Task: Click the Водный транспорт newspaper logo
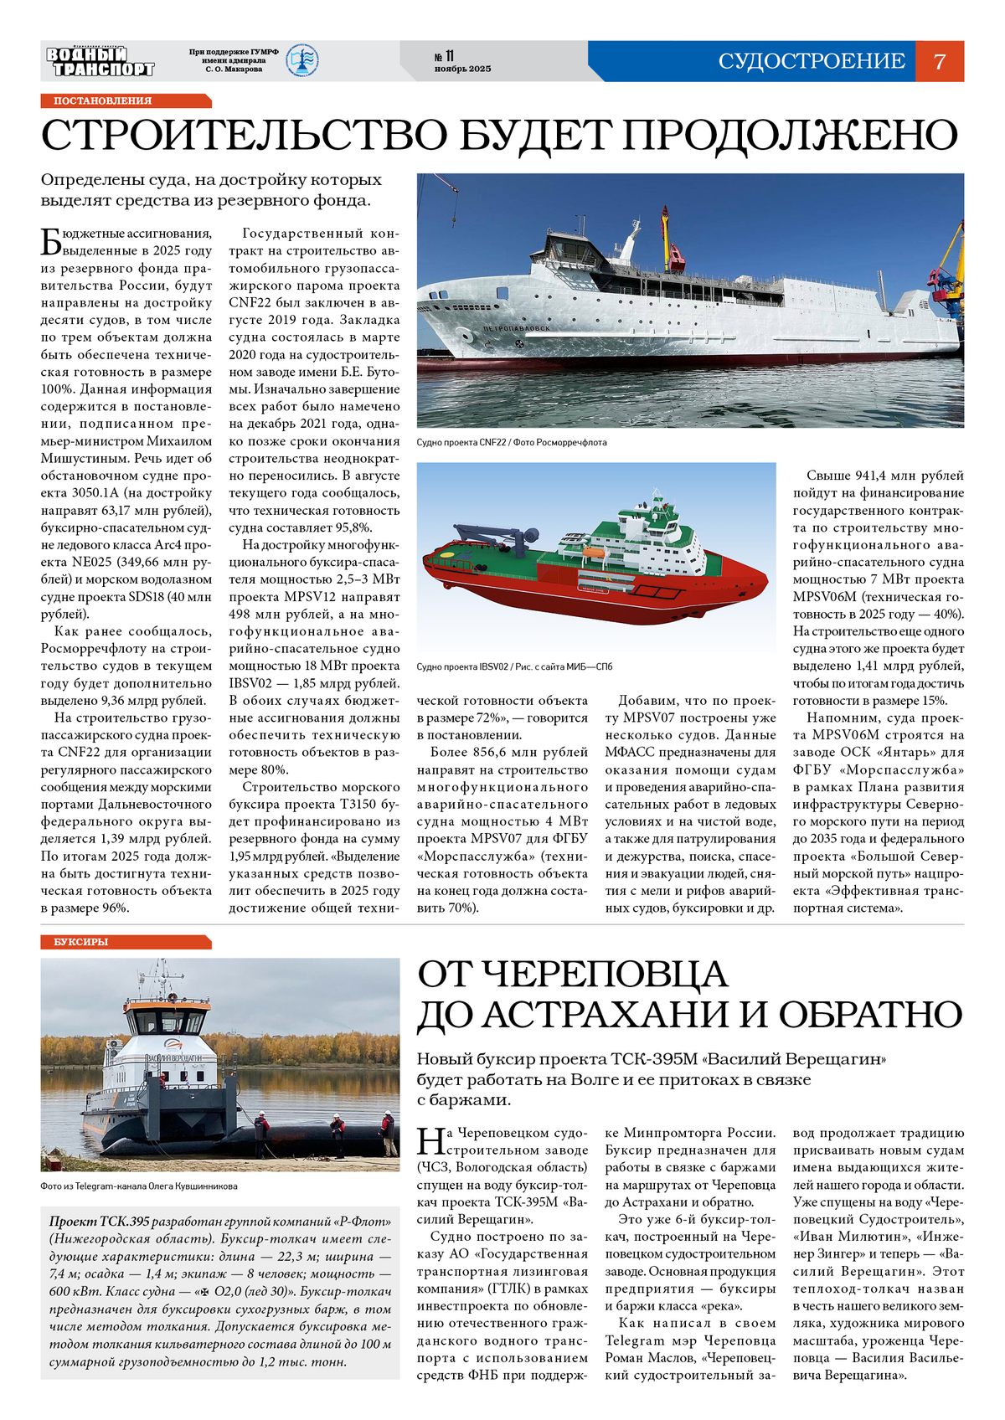pos(100,62)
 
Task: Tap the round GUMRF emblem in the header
pos(301,61)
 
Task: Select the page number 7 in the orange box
pos(939,61)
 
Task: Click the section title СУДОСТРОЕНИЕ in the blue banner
pos(811,61)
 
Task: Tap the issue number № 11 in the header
pos(444,56)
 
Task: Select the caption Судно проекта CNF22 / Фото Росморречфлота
pos(511,442)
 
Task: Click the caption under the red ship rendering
pos(514,666)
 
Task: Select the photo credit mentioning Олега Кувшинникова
pos(139,1186)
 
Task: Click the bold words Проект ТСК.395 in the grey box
pos(99,1222)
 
